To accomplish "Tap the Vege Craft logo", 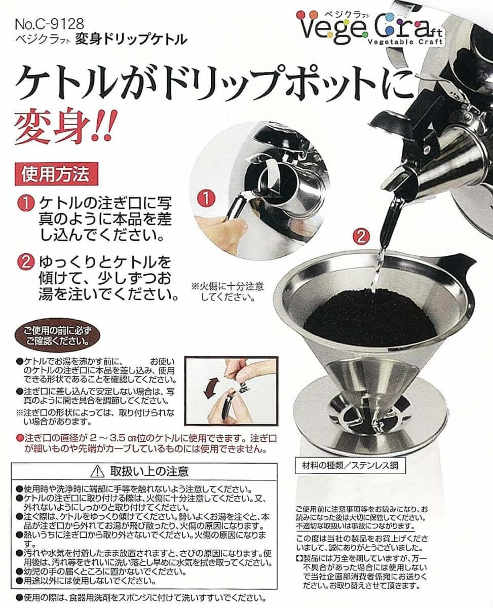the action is click(x=370, y=28).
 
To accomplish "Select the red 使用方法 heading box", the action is click(x=56, y=174).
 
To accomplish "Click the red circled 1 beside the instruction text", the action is click(x=26, y=204).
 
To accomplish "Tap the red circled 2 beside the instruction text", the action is click(x=26, y=262).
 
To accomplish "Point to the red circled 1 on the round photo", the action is click(x=206, y=199).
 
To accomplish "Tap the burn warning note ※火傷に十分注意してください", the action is click(x=227, y=291).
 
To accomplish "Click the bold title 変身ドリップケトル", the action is click(x=131, y=40).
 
